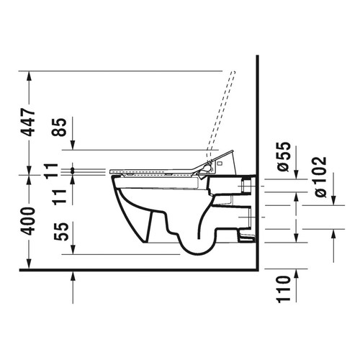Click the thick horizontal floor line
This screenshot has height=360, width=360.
pyautogui.click(x=144, y=270)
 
